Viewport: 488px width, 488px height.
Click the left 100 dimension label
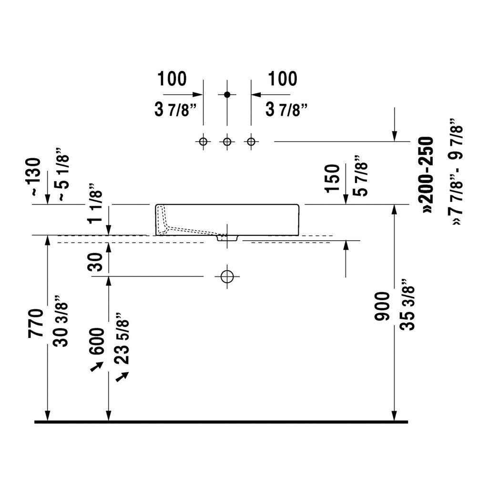pyautogui.click(x=172, y=79)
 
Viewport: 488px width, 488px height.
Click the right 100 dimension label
pyautogui.click(x=283, y=79)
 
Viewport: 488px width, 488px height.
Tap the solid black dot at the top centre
pyautogui.click(x=227, y=94)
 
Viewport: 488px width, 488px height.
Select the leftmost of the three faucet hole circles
pyautogui.click(x=203, y=142)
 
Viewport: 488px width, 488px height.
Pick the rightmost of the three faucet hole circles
pyautogui.click(x=251, y=142)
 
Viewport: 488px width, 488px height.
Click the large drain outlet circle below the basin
pyautogui.click(x=227, y=276)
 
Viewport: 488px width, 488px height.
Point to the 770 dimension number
pyautogui.click(x=36, y=323)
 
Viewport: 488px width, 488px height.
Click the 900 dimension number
pyautogui.click(x=382, y=306)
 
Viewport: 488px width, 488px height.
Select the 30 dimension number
pyautogui.click(x=95, y=262)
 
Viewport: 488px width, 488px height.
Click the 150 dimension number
pyautogui.click(x=332, y=179)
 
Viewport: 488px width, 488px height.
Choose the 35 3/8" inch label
pyautogui.click(x=408, y=305)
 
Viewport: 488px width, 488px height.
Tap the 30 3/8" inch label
pyautogui.click(x=61, y=321)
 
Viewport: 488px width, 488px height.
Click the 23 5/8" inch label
pyautogui.click(x=122, y=339)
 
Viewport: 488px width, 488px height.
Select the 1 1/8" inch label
pyautogui.click(x=95, y=203)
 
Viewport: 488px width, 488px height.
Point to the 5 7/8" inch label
pyautogui.click(x=361, y=176)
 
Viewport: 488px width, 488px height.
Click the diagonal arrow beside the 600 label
pyautogui.click(x=97, y=366)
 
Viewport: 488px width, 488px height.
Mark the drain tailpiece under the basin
pyautogui.click(x=227, y=238)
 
